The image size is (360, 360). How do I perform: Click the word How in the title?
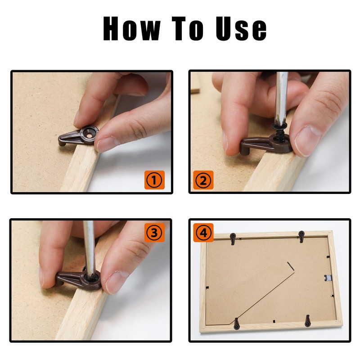132,29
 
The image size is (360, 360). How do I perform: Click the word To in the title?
188,29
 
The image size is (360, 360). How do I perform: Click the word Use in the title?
241,29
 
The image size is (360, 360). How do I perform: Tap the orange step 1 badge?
154,180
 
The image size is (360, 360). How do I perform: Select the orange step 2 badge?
203,180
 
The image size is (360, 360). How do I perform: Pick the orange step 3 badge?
154,233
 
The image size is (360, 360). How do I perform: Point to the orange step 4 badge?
203,233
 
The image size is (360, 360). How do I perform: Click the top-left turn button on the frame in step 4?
233,238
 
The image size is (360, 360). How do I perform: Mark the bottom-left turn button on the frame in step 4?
237,324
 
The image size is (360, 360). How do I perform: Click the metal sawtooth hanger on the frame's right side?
328,278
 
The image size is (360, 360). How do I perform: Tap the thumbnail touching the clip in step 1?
108,144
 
